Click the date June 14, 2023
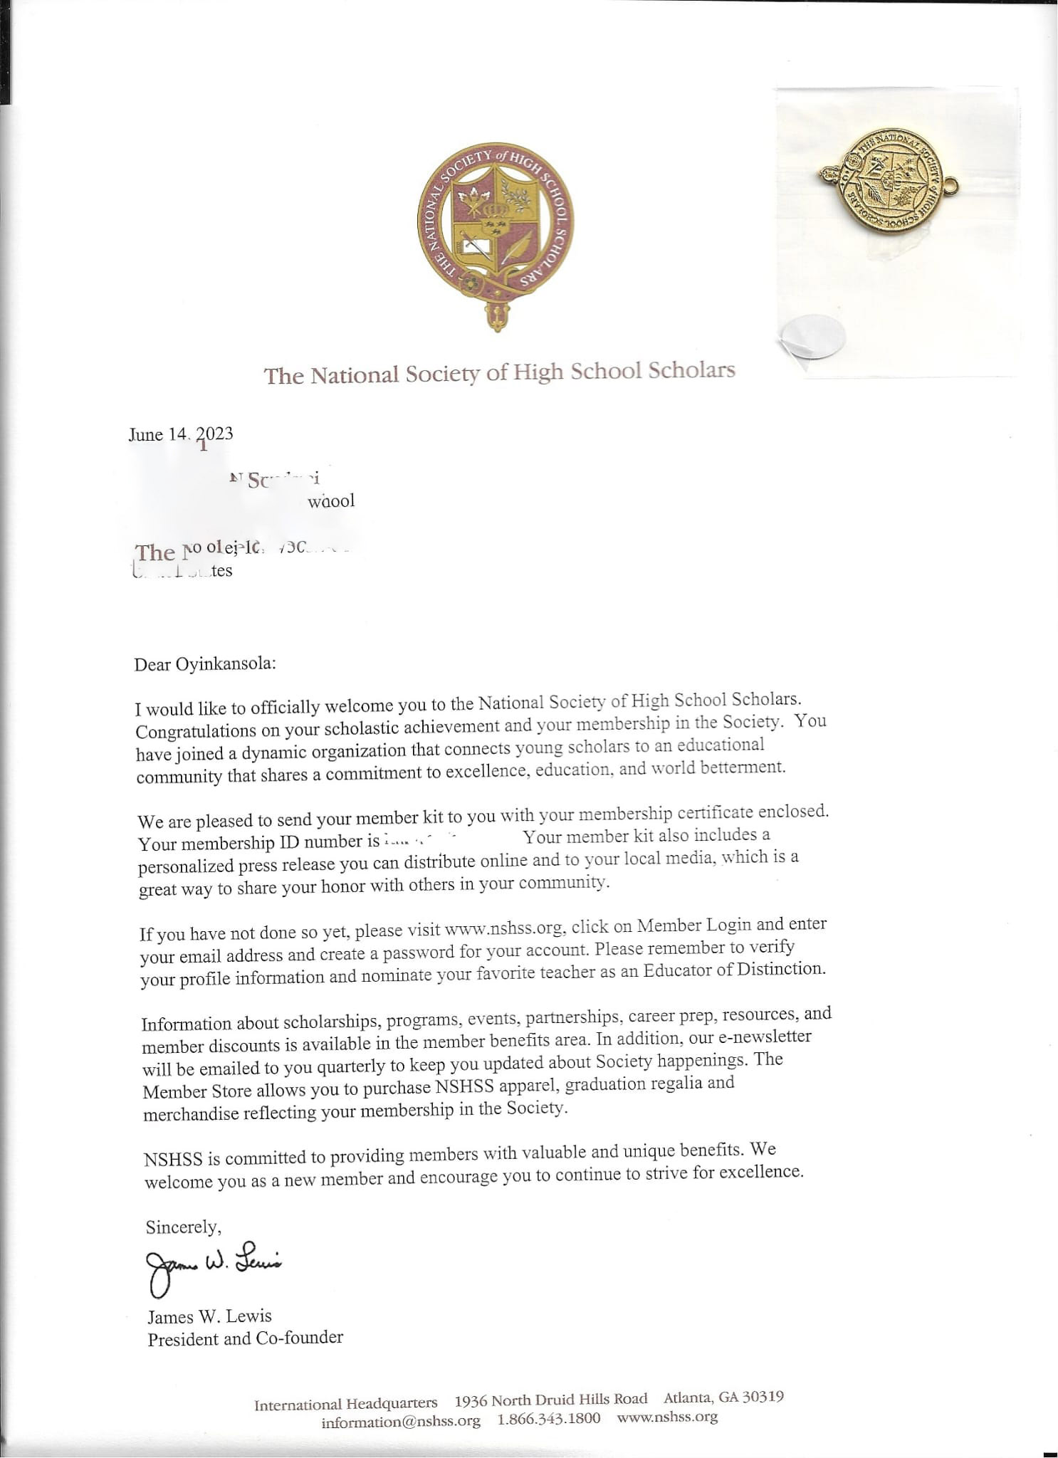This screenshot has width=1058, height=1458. click(181, 435)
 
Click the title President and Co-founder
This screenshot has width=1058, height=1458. click(245, 1338)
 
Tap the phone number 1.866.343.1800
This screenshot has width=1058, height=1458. click(548, 1418)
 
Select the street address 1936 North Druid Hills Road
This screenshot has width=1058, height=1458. click(551, 1400)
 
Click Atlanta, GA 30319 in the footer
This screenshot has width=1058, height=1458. click(724, 1397)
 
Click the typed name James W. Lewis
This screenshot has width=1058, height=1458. click(210, 1316)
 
